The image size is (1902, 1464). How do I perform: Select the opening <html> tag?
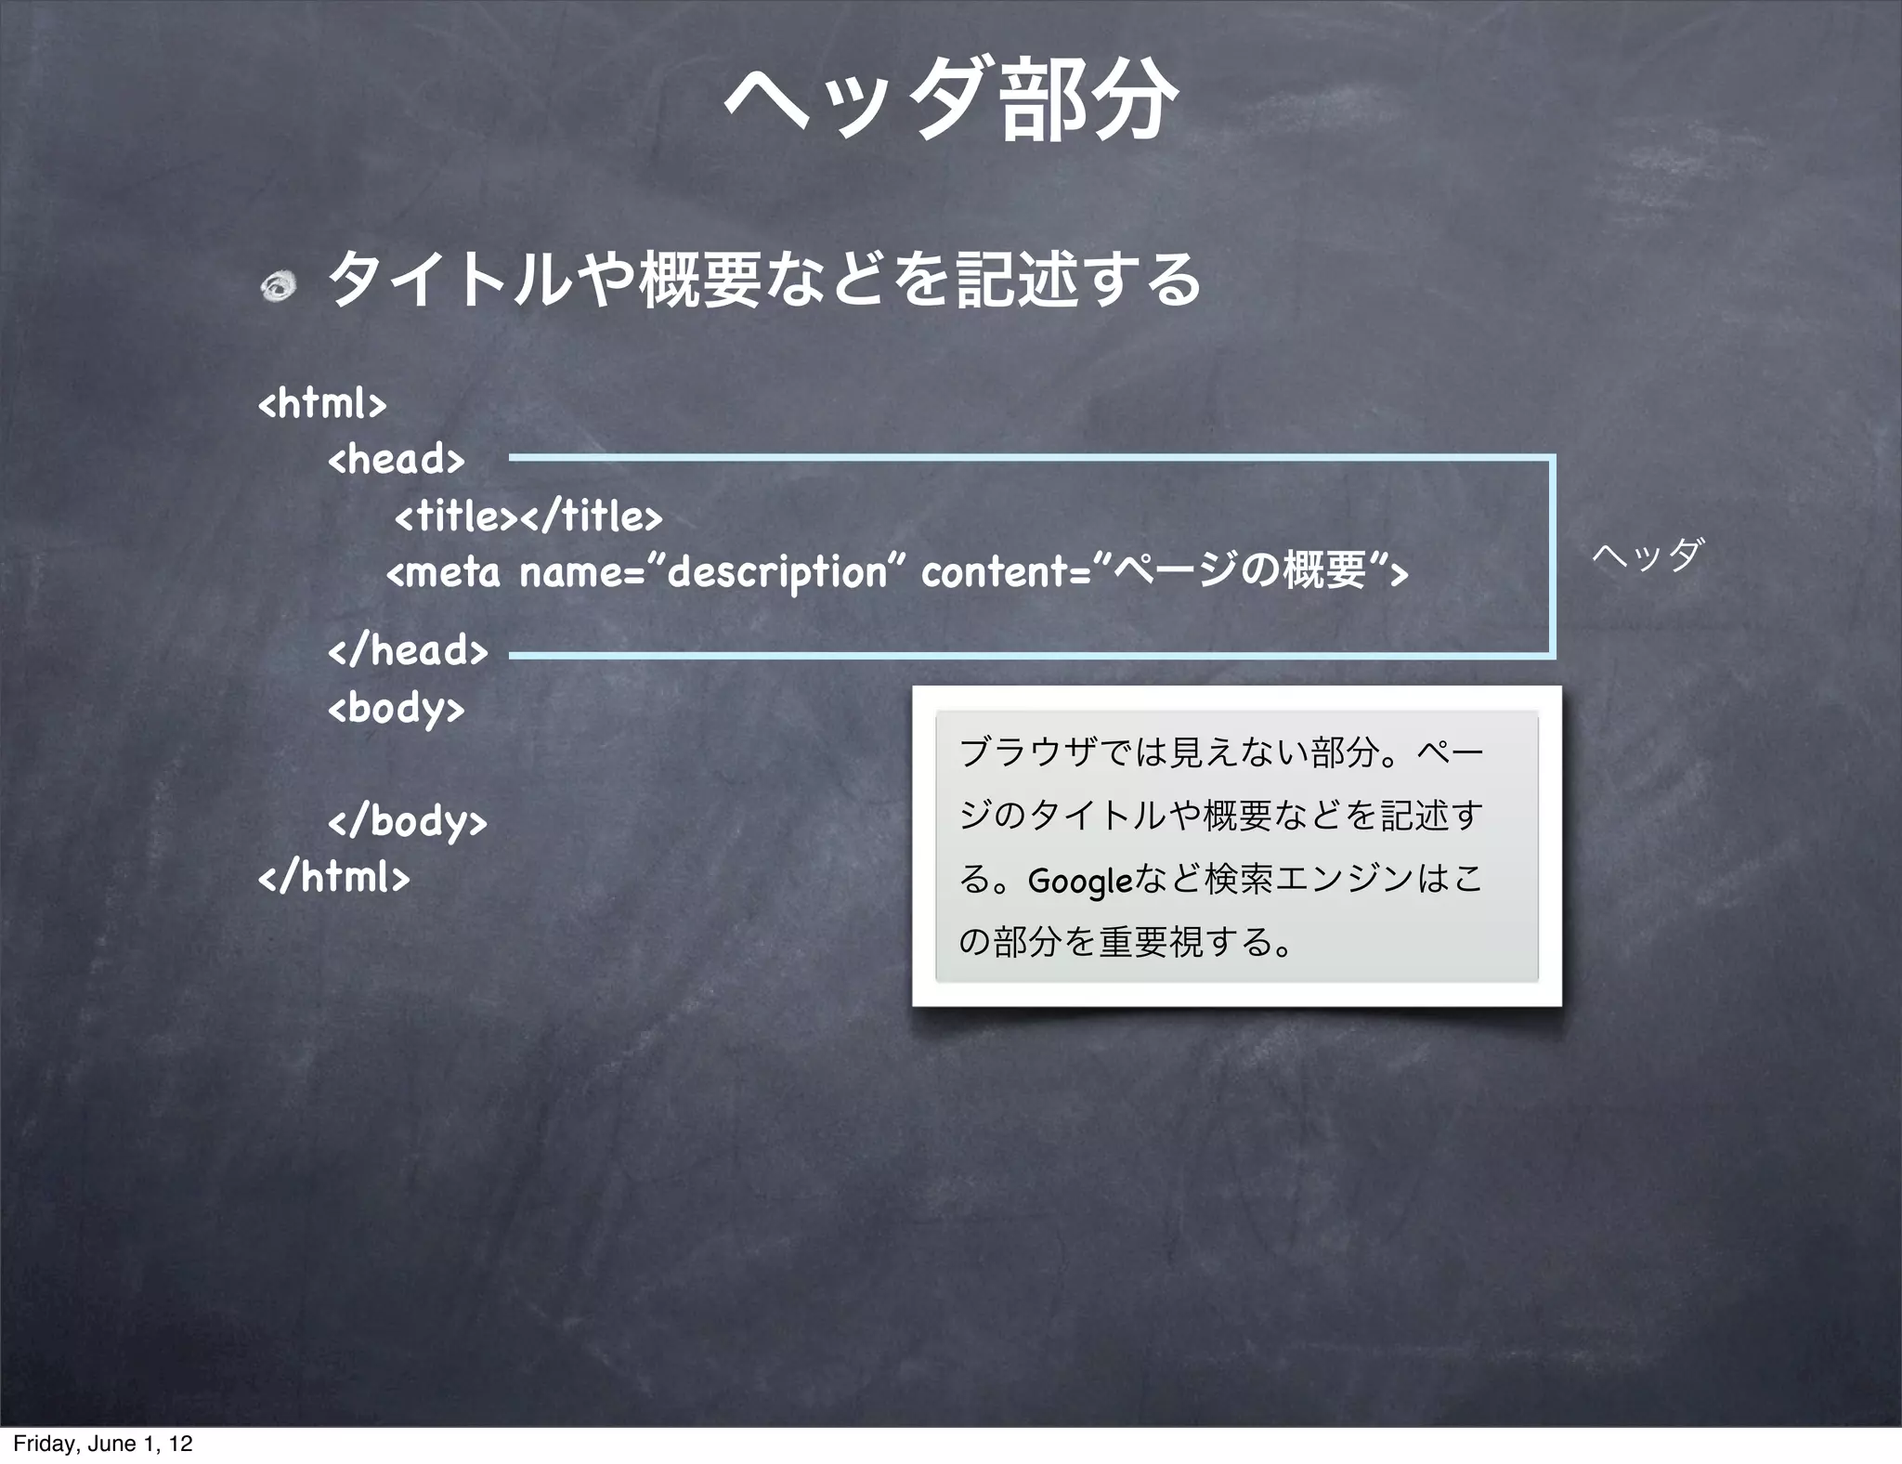pos(322,404)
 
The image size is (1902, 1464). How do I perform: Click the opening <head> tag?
pos(397,459)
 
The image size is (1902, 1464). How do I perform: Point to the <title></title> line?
pos(529,516)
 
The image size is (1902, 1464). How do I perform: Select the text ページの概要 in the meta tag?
pos(1243,570)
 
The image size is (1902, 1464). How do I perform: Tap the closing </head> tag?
pos(408,650)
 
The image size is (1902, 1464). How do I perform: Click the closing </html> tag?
pos(333,877)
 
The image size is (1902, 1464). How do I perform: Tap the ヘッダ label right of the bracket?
pos(1648,555)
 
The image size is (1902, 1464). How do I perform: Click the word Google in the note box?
pos(1080,880)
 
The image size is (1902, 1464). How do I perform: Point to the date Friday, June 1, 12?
pos(103,1444)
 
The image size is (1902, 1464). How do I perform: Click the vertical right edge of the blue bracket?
pos(1552,556)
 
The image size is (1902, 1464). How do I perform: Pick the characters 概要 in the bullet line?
pos(702,280)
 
